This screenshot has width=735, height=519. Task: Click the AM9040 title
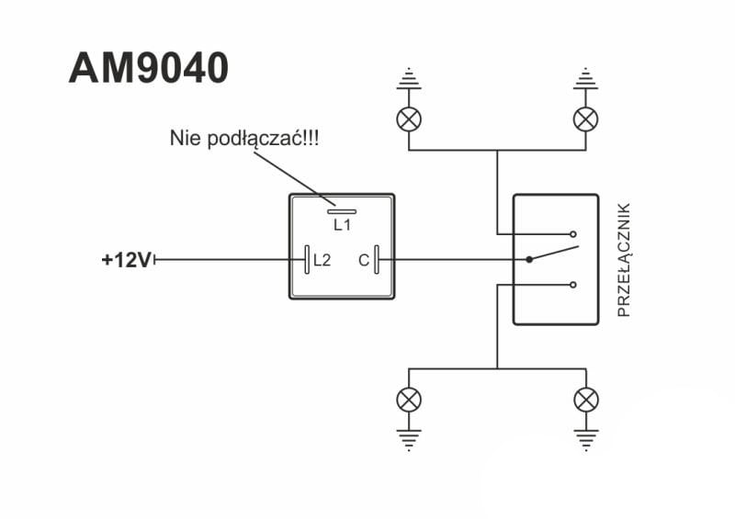[x=148, y=69]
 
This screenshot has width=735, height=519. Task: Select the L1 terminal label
[x=342, y=224]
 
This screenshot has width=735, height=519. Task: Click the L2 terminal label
[x=322, y=260]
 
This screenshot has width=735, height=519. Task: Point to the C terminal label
[x=364, y=260]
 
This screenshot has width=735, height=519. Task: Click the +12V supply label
[x=127, y=260]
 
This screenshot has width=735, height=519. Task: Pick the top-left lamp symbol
[x=409, y=118]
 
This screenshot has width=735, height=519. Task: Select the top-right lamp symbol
[x=585, y=118]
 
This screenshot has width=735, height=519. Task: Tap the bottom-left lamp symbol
[x=409, y=400]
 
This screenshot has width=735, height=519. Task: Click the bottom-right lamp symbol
[x=585, y=400]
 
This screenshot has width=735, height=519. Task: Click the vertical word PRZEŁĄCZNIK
[x=624, y=260]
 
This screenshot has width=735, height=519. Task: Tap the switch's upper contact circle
[x=572, y=233]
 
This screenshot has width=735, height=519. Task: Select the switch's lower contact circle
[x=572, y=285]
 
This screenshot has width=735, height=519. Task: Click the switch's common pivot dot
[x=530, y=260]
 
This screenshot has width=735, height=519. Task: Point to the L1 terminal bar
[x=342, y=209]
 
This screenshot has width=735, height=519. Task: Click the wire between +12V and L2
[x=230, y=260]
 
